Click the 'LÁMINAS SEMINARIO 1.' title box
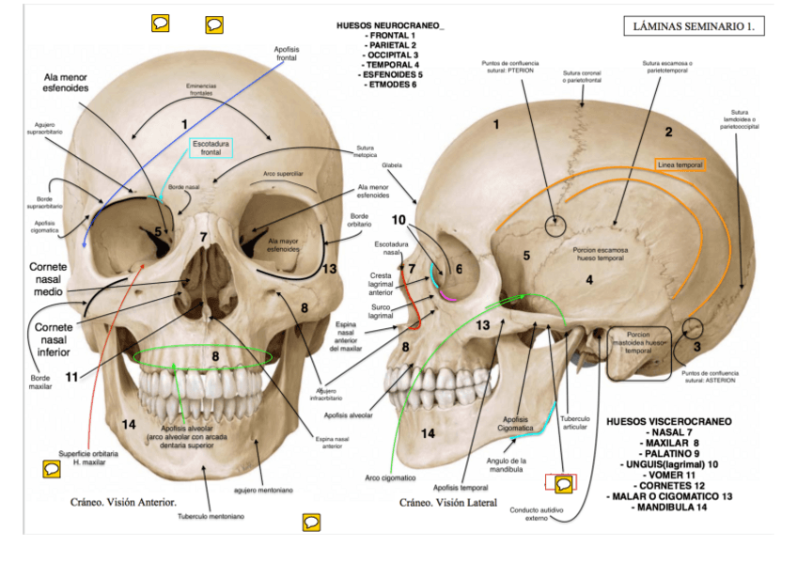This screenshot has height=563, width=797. [x=693, y=26]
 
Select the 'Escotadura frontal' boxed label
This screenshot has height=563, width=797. [x=211, y=148]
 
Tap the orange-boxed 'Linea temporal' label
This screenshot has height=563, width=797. [x=680, y=164]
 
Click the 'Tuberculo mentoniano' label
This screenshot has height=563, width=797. [x=211, y=516]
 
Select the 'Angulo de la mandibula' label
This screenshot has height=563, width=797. [x=507, y=465]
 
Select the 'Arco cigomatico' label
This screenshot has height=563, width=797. [x=383, y=477]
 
